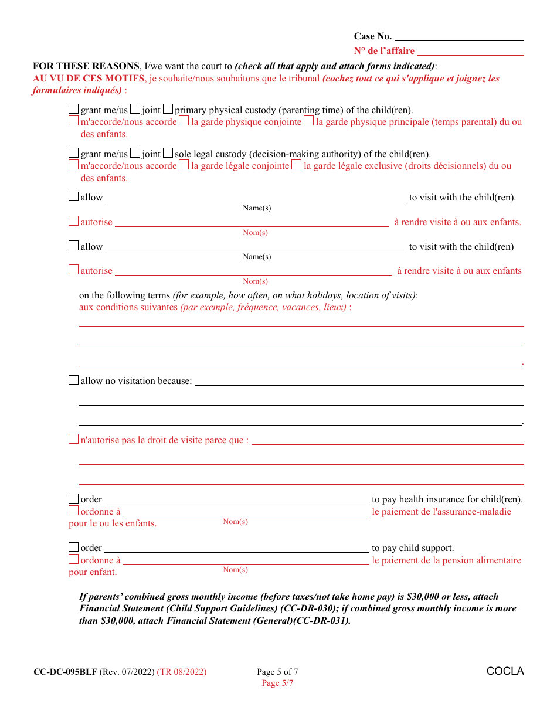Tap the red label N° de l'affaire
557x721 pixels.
coord(384,51)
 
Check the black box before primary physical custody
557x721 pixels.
coord(168,109)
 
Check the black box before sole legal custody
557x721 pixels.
coord(168,153)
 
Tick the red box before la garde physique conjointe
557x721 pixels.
coord(184,121)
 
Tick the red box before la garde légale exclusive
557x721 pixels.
coord(297,165)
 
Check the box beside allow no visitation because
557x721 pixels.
coord(73,380)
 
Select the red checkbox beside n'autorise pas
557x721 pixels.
coord(73,439)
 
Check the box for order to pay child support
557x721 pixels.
coord(73,547)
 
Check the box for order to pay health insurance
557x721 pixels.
coord(73,498)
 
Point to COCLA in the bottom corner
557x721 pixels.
coord(505,671)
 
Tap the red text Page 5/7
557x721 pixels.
coord(277,683)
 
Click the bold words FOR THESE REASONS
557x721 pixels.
coord(86,66)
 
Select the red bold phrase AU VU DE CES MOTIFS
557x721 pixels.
coord(88,79)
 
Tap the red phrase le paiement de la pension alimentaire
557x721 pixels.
coord(446,560)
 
